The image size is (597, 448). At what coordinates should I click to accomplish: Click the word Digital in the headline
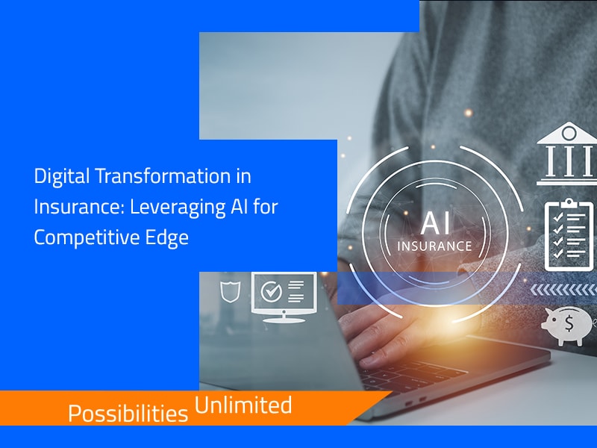click(x=57, y=178)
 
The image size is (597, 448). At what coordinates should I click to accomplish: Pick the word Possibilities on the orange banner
click(x=128, y=413)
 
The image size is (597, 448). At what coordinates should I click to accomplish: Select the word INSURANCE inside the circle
click(x=434, y=245)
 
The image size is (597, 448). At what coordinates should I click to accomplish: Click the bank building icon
click(x=568, y=154)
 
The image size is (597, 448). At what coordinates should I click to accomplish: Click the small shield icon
click(x=229, y=290)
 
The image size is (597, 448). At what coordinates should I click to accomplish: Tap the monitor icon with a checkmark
click(x=284, y=296)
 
